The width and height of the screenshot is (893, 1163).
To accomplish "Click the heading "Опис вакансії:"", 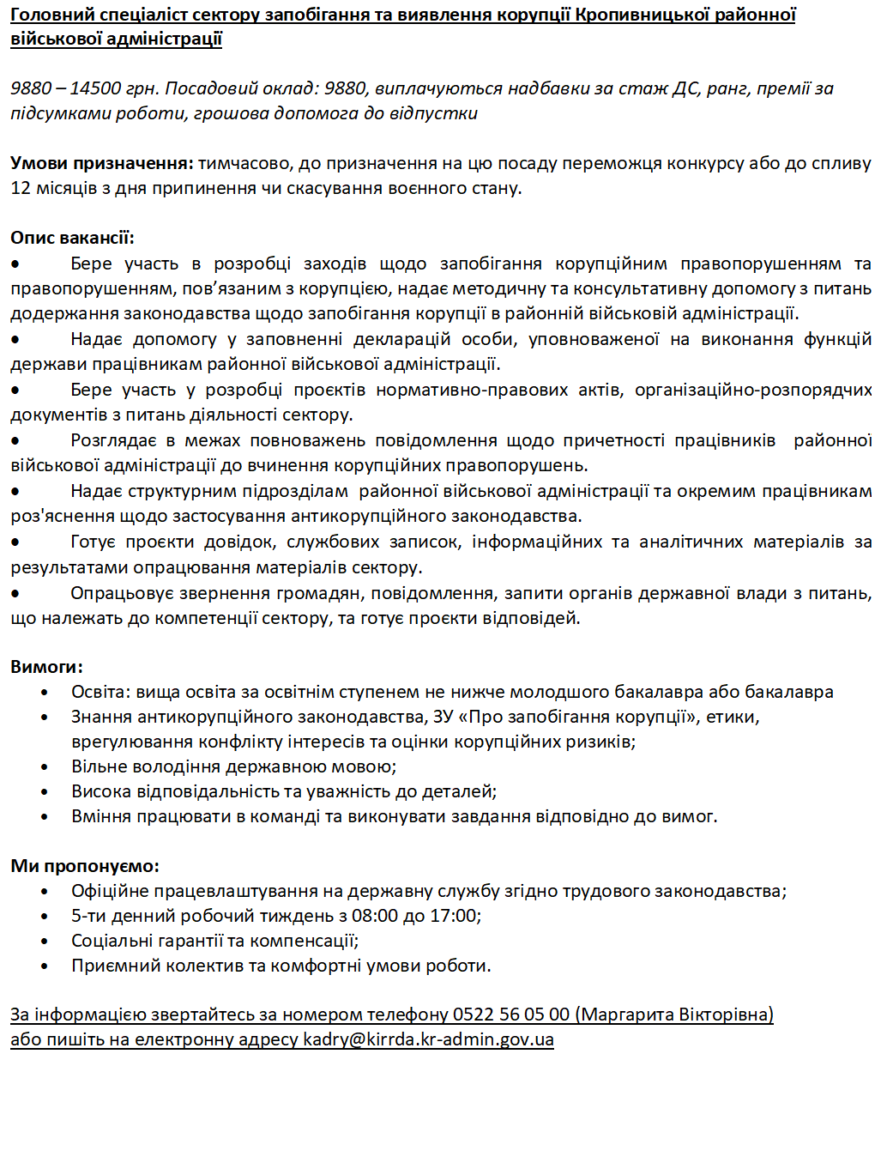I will [x=72, y=238].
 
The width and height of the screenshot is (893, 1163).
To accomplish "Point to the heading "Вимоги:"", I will [x=46, y=667].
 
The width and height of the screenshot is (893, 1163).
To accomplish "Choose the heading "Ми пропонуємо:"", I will [x=85, y=866].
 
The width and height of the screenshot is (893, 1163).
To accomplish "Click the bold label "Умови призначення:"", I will [x=102, y=163].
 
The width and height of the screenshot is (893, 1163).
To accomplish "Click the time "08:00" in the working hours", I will [x=375, y=916].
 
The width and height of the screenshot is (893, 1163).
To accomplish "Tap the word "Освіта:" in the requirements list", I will [x=101, y=692].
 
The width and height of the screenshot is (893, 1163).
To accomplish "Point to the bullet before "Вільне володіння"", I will [x=45, y=767].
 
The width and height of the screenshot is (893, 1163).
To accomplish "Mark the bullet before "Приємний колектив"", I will [x=45, y=966].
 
